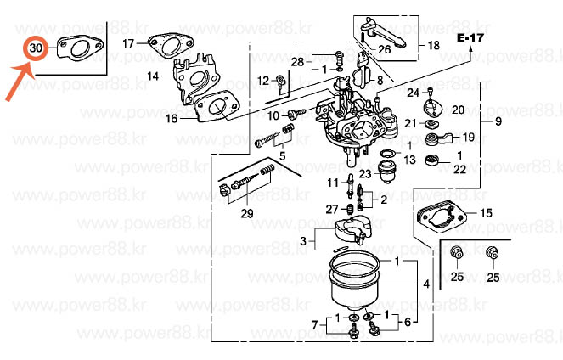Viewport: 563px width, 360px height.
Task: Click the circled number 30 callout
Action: click(x=36, y=48)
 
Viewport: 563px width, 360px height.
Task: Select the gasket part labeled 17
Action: click(x=171, y=46)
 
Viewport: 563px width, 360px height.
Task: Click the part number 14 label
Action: click(x=153, y=76)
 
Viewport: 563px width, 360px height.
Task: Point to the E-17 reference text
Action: click(x=470, y=37)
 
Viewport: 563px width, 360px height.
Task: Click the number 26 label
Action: click(x=384, y=49)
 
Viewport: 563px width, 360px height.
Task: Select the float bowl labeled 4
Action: click(x=355, y=281)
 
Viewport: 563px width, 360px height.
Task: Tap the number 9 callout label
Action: click(x=498, y=121)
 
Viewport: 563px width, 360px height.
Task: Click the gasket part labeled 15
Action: click(x=442, y=217)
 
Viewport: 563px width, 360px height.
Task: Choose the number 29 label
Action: click(x=247, y=214)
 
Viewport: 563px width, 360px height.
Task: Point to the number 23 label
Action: click(x=365, y=174)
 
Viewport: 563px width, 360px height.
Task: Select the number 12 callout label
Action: click(x=263, y=81)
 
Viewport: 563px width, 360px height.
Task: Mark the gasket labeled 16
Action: click(x=217, y=106)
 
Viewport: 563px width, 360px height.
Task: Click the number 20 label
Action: click(x=459, y=110)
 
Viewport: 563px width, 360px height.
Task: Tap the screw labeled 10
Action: click(x=296, y=114)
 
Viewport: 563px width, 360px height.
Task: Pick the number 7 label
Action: click(x=315, y=325)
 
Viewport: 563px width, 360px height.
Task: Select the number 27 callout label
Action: click(x=332, y=209)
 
